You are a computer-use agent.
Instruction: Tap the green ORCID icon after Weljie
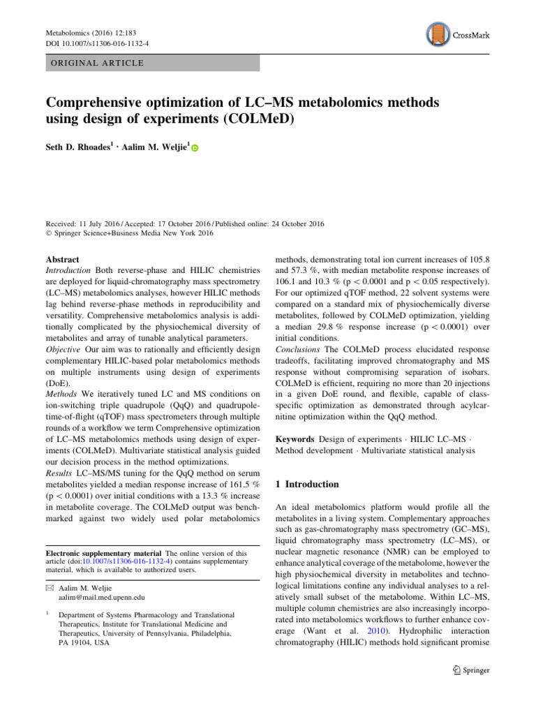click(195, 149)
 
